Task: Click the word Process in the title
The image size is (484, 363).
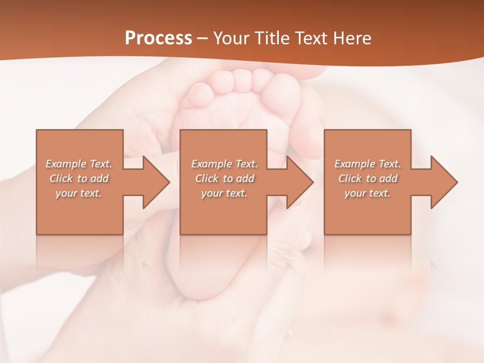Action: [158, 38]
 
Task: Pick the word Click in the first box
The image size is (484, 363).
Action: [62, 178]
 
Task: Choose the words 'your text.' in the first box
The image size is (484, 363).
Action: [79, 193]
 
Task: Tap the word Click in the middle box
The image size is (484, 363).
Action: [207, 178]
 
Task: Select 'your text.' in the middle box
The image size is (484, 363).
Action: [224, 193]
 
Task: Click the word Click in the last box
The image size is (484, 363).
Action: [350, 178]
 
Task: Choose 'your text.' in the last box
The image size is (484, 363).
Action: [368, 193]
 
